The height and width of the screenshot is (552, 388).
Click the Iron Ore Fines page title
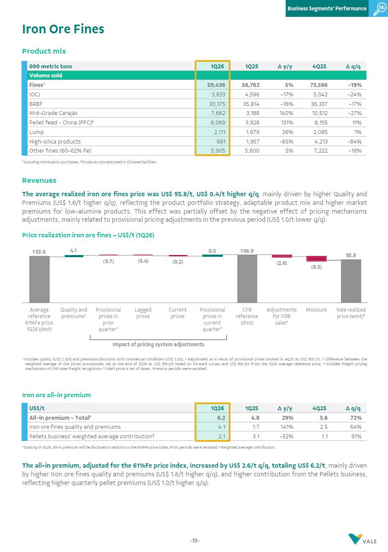(63, 29)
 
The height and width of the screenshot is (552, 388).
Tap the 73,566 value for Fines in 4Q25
(318, 85)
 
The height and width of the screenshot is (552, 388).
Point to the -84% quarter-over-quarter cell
(353, 141)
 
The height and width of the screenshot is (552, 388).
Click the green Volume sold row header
(46, 76)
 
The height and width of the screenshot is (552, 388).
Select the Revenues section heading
(39, 181)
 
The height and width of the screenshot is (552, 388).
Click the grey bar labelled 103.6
(39, 279)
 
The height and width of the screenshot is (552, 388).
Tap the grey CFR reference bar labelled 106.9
(247, 278)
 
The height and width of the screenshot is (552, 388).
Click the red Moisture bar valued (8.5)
(316, 258)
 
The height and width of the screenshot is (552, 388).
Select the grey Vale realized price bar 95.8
(351, 281)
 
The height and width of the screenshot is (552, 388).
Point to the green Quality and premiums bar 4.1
(74, 256)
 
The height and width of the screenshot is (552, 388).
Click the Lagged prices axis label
(143, 313)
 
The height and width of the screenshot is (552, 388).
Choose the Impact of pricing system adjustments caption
(158, 345)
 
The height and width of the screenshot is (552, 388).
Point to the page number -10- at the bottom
(194, 541)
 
